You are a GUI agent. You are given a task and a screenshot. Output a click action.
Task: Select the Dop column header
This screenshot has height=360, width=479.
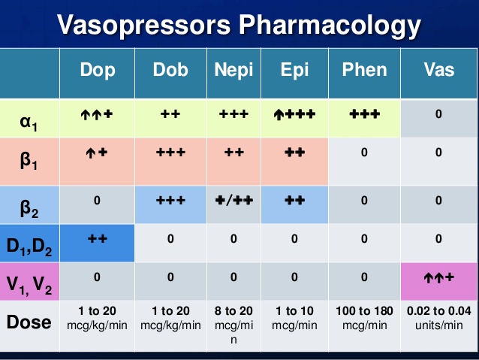click(98, 70)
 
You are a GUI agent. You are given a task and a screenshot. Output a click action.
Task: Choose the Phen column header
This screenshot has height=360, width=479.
click(365, 70)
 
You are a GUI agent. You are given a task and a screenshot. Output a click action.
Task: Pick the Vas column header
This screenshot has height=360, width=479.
click(439, 70)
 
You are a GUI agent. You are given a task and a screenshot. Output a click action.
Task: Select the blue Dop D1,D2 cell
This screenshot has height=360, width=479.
click(98, 241)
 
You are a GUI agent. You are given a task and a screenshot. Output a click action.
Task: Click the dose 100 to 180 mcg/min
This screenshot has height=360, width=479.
click(365, 319)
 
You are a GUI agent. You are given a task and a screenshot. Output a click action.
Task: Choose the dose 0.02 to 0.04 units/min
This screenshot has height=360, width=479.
click(439, 319)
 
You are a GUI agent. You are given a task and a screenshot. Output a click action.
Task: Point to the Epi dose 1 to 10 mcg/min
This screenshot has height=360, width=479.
click(294, 319)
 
